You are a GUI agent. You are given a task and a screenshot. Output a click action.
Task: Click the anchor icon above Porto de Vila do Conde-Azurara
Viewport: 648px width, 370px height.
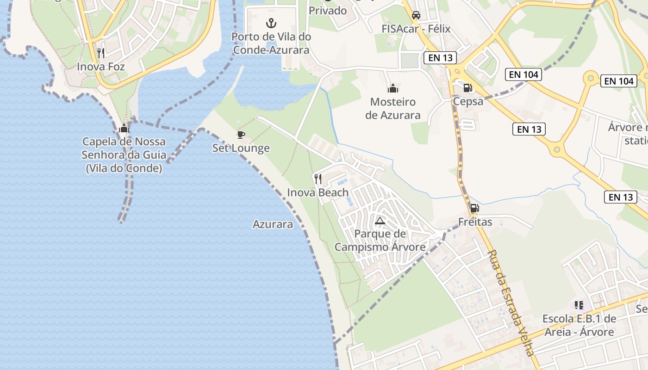271,23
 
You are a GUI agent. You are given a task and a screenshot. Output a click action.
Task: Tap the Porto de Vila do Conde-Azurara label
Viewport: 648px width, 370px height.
271,43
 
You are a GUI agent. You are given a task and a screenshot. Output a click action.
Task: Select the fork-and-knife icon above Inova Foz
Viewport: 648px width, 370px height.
101,53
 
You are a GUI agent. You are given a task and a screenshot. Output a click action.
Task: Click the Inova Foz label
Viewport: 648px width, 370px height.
101,67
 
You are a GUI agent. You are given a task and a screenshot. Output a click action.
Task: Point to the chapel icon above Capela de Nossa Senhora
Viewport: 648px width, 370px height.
124,128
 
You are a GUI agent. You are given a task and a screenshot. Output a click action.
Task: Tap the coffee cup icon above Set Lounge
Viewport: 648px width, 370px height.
241,135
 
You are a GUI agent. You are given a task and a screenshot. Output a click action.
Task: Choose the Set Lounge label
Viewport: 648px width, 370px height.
241,148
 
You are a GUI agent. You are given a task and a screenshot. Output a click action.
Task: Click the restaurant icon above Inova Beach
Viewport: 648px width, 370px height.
318,179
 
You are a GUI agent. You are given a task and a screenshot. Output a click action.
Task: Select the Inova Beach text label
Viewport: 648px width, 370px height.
318,192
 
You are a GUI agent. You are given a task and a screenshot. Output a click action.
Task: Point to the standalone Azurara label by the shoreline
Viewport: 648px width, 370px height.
273,224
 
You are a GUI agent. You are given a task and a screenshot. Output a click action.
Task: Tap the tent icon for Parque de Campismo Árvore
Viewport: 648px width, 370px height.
380,220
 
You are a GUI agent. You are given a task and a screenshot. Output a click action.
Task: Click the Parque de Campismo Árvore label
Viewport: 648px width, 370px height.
380,240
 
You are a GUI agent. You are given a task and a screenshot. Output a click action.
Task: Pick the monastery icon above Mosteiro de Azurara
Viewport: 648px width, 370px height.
393,88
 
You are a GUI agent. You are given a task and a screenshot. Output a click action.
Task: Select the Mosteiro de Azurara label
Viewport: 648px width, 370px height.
393,108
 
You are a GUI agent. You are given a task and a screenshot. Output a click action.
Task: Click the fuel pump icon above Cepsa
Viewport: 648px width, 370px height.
468,87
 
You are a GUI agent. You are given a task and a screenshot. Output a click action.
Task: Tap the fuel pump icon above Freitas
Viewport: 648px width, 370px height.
474,208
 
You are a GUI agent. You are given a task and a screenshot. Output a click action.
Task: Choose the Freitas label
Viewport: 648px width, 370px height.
475,222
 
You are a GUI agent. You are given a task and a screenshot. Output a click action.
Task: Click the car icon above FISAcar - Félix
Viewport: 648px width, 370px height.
416,15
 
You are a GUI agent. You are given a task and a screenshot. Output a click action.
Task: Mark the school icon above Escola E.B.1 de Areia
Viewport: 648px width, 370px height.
579,305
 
